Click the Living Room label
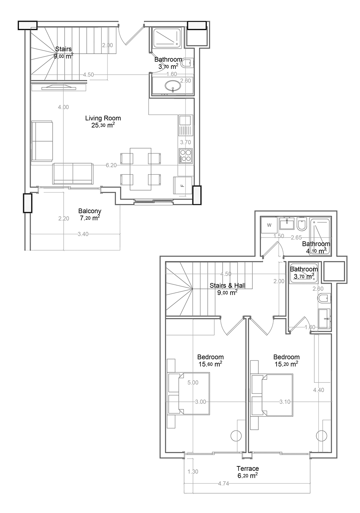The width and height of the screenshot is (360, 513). click(x=103, y=118)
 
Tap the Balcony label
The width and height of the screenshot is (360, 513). click(x=90, y=211)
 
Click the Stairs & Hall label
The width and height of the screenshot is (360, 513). click(x=227, y=285)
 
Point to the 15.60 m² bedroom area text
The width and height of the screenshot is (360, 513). click(x=210, y=364)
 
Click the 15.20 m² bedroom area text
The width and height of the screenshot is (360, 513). click(x=286, y=364)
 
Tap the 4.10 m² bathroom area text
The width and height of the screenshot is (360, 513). click(x=316, y=251)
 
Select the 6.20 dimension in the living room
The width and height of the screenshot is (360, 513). click(x=111, y=165)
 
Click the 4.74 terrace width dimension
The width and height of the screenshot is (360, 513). click(x=223, y=483)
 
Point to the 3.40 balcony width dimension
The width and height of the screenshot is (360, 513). click(x=83, y=234)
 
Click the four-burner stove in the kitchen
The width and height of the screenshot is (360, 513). click(x=186, y=156)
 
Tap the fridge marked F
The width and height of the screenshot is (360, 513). click(x=183, y=185)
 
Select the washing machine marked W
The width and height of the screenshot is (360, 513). click(x=269, y=225)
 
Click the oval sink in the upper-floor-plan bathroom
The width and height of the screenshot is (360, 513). click(x=173, y=85)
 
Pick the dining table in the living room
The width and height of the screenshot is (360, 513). click(x=140, y=169)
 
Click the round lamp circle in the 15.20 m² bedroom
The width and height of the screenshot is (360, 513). click(x=321, y=436)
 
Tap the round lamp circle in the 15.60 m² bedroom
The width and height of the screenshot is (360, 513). click(x=236, y=436)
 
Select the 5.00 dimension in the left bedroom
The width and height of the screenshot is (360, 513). click(x=193, y=382)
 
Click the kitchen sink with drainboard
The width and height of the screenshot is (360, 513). click(x=185, y=126)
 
